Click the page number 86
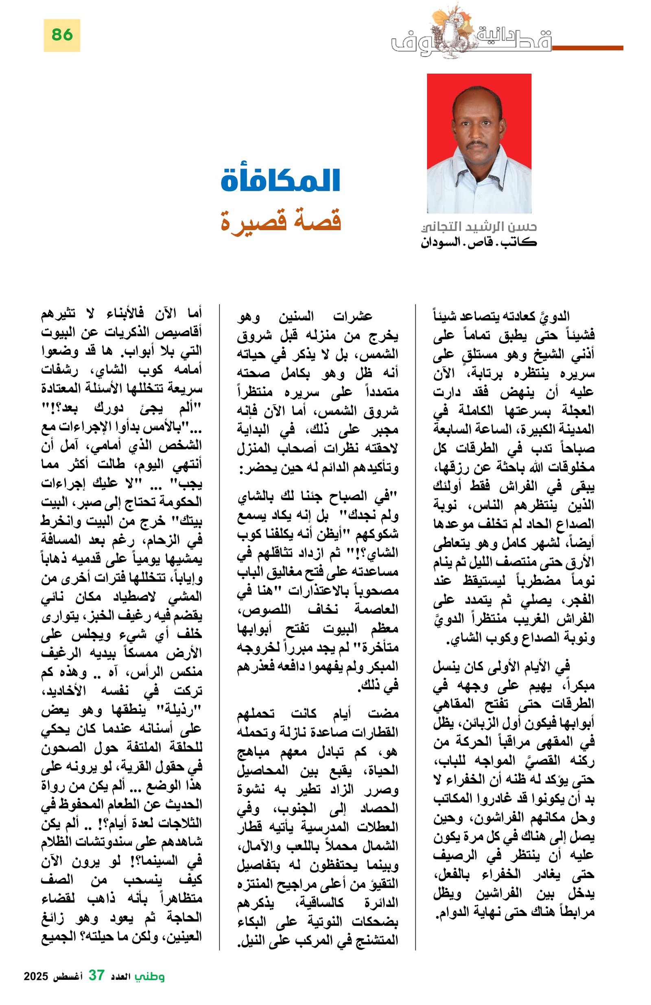(62, 35)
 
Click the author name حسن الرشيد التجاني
(479, 227)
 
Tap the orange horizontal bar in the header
(587, 48)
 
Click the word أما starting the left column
(193, 313)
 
